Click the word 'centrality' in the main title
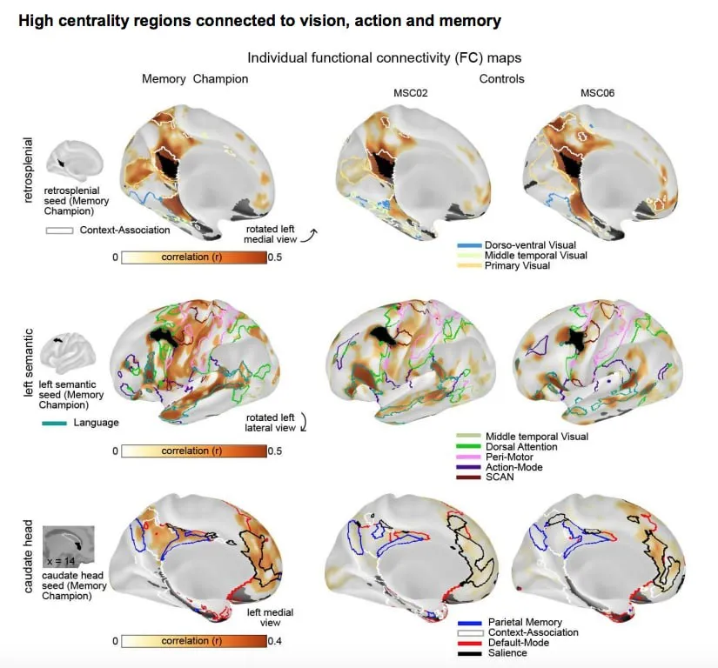coord(96,20)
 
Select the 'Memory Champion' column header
coord(195,78)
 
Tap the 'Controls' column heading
coord(502,78)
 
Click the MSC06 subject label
coord(598,92)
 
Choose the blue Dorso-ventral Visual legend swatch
coord(469,245)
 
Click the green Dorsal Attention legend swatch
coord(469,447)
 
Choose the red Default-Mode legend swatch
coord(469,643)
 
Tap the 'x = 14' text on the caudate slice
coord(62,561)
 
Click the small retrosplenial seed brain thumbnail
coord(77,160)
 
